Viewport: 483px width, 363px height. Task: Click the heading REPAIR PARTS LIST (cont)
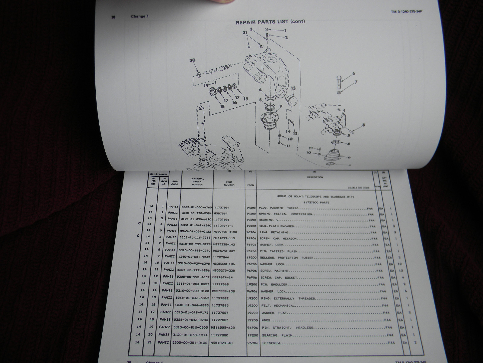(x=270, y=21)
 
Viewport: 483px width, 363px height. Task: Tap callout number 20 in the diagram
(x=193, y=60)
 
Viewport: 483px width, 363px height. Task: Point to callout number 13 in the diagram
(x=293, y=88)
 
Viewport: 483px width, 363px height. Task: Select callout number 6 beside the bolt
(x=353, y=73)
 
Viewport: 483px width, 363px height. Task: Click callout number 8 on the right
(x=363, y=125)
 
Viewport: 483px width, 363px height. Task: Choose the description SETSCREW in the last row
(x=269, y=343)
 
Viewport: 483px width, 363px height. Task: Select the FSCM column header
(x=250, y=185)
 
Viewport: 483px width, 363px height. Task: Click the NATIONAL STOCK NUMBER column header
(x=198, y=181)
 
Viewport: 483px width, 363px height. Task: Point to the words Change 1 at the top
(x=139, y=16)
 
